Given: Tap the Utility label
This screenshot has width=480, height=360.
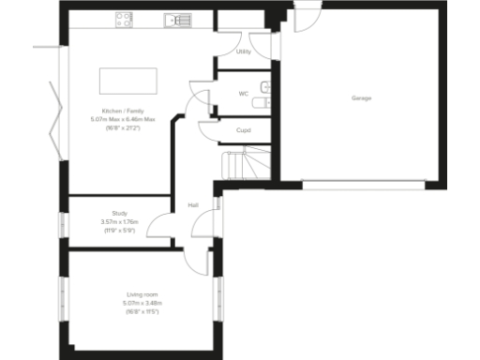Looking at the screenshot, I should tap(244, 52).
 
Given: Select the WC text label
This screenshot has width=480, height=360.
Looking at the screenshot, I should tap(243, 94).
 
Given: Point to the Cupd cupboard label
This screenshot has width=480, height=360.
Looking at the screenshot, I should tap(243, 130).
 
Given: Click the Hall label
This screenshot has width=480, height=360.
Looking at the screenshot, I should tap(192, 204).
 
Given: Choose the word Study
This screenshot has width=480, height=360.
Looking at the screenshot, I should tap(119, 214).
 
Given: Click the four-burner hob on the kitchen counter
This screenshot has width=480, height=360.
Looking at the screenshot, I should tap(126, 19).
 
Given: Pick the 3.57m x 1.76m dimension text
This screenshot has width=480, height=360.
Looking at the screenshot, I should tap(119, 221).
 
